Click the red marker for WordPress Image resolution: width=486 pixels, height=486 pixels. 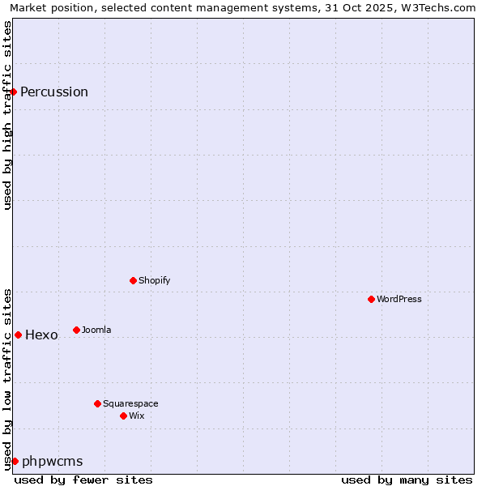[x=371, y=299]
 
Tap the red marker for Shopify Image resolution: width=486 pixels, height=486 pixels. [x=133, y=280]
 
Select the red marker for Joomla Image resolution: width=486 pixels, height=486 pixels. [x=76, y=330]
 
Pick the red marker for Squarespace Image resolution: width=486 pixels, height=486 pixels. [x=97, y=403]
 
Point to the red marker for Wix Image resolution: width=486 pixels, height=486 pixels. [x=123, y=416]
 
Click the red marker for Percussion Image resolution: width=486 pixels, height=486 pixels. [x=14, y=92]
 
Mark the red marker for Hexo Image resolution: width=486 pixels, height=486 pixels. [x=18, y=335]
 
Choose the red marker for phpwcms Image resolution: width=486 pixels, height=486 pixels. [x=15, y=461]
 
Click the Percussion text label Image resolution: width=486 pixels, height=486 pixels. [x=54, y=92]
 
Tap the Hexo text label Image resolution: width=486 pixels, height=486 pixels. [x=41, y=335]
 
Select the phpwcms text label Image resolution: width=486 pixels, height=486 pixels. [x=53, y=462]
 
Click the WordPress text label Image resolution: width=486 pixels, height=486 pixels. [x=399, y=299]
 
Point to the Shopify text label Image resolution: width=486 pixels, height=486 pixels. [x=155, y=280]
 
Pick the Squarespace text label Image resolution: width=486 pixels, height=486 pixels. [x=130, y=403]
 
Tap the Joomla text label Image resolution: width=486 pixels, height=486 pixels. [x=96, y=330]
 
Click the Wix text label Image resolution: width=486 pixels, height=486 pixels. [x=136, y=416]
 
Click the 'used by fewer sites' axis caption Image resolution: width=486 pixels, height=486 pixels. [x=83, y=480]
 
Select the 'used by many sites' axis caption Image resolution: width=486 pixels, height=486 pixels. [x=407, y=480]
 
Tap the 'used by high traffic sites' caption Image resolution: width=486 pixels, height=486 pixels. [x=7, y=115]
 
